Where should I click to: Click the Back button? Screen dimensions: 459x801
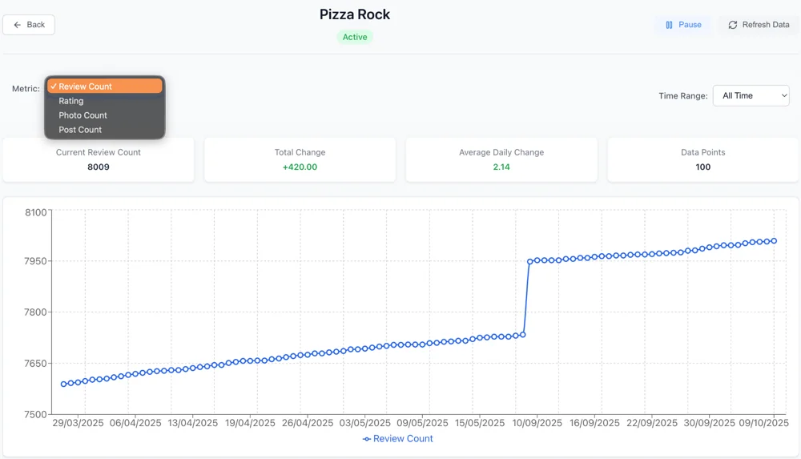[29, 25]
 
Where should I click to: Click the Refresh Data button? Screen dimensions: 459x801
[758, 25]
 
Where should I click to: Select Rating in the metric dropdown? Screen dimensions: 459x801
[71, 101]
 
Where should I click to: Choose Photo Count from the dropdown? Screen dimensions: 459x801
[83, 115]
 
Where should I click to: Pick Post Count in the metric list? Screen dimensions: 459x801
[80, 130]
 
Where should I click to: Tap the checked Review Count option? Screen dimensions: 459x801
[85, 87]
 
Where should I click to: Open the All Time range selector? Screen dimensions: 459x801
[751, 95]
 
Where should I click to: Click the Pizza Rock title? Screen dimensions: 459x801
[355, 14]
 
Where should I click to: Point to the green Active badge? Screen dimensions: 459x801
[355, 37]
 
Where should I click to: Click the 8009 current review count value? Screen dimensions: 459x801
[99, 167]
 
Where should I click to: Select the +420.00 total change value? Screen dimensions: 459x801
[300, 167]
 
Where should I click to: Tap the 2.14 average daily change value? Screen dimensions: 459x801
[501, 167]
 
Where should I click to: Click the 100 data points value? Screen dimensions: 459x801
[702, 167]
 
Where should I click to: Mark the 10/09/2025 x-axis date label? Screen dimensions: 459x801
[537, 423]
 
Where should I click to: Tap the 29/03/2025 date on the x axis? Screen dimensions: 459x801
[78, 423]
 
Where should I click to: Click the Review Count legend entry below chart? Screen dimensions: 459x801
[397, 439]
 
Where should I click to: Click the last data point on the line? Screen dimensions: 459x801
[774, 241]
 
